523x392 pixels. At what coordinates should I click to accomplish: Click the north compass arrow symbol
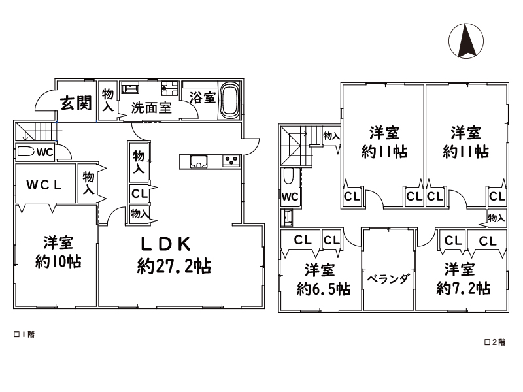pos(466,41)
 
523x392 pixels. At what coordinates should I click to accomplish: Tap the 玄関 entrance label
pos(76,103)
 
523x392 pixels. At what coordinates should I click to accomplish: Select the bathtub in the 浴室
pos(229,100)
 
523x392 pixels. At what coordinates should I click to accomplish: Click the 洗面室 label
pos(152,107)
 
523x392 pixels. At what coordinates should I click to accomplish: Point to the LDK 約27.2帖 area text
pos(173,255)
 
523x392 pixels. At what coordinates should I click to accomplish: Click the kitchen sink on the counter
pos(199,162)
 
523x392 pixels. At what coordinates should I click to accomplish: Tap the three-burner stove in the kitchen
pos(231,161)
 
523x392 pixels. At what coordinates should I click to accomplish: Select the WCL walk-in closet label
pos(44,185)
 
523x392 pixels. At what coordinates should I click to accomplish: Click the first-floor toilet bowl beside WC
pos(25,152)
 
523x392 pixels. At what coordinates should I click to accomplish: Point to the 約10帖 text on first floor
pos(58,262)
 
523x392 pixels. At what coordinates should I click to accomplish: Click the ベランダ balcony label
pos(388,279)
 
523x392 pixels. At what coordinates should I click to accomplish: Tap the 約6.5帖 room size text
pos(324,289)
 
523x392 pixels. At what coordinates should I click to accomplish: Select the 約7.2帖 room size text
pos(464,288)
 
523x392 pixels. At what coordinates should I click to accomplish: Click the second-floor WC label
pos(290,197)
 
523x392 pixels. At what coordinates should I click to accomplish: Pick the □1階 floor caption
pos(24,335)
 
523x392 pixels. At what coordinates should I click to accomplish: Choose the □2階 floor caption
pos(495,342)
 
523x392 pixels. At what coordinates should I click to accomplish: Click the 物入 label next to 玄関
pos(108,100)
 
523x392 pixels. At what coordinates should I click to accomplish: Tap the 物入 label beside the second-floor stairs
pos(331,136)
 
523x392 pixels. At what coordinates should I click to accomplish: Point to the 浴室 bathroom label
pos(203,97)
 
